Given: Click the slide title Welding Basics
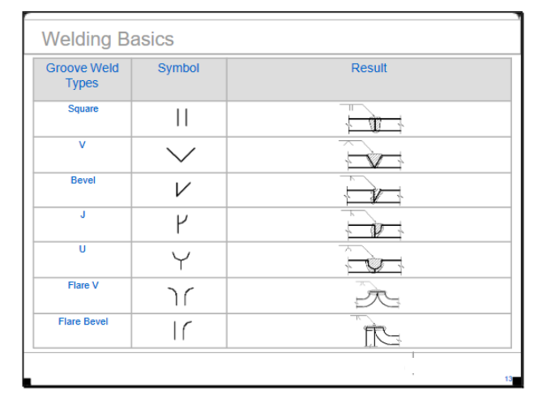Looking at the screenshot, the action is point(108,39).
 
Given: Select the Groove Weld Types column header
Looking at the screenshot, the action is point(83,75).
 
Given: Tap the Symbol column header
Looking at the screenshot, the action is point(178,68).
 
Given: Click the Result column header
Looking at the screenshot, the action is point(369,68).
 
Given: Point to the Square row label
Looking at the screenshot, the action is point(83,108).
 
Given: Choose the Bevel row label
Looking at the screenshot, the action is point(83,181).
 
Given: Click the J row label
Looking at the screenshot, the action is point(83,215).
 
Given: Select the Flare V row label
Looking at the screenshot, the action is point(83,285).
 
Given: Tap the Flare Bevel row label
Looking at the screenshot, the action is point(83,321).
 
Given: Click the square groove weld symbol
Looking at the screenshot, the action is point(181,117).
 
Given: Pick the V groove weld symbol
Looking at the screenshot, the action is point(181,155).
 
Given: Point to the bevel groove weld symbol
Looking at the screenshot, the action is point(183,189).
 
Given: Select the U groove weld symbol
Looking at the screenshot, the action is point(181,261).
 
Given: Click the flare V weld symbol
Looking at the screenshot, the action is point(181,296).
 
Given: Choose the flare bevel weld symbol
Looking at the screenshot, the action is point(182,330).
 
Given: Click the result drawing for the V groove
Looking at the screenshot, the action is point(371,155).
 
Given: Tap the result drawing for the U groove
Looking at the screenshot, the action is point(371,260).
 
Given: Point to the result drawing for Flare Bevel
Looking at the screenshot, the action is point(376,331).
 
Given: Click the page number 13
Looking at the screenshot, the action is point(509,379).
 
